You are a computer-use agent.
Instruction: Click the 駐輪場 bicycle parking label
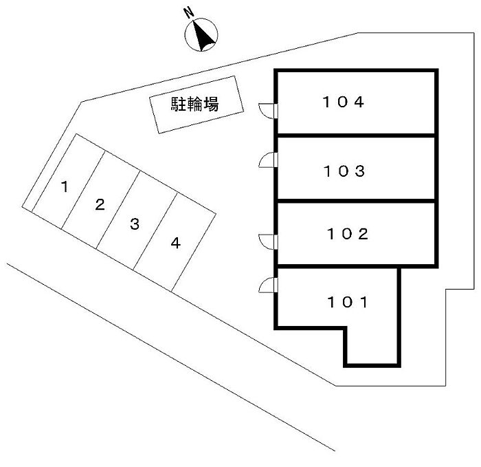[x=195, y=105]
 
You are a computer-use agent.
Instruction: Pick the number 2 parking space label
[x=100, y=204]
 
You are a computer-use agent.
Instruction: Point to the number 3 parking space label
[x=135, y=224]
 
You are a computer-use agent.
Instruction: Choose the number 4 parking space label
[x=176, y=243]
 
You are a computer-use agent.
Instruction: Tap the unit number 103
[x=343, y=170]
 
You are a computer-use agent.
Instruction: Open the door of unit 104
[x=268, y=111]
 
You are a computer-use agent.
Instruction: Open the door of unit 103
[x=268, y=161]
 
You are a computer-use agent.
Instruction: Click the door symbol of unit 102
[x=268, y=241]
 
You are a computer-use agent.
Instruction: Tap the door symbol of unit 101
[x=268, y=285]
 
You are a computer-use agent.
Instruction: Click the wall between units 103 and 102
[x=356, y=201]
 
